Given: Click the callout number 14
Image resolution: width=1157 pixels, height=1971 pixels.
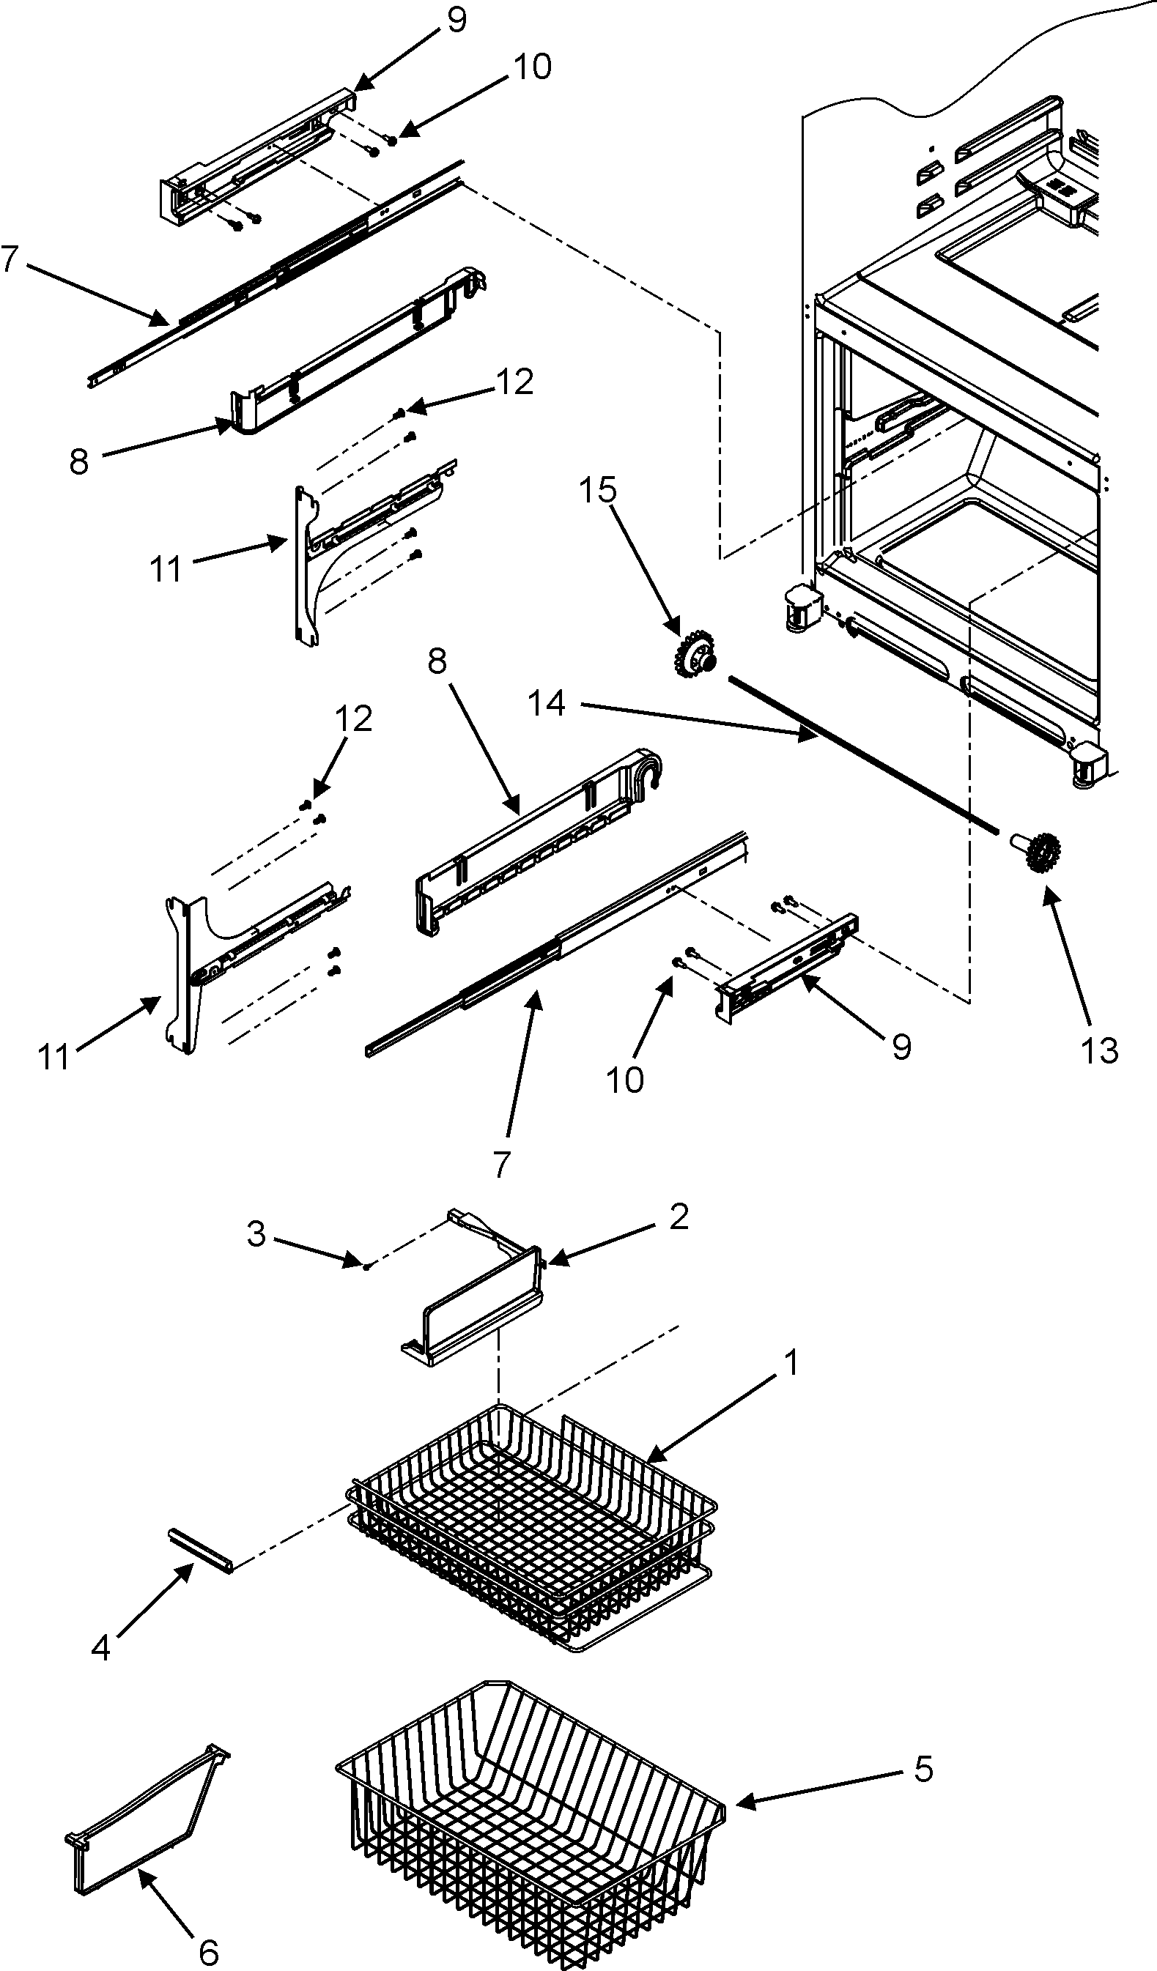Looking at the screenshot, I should [546, 703].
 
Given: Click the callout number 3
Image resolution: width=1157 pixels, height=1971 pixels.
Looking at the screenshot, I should [256, 1234].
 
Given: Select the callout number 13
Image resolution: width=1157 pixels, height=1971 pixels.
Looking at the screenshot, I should [1100, 1050].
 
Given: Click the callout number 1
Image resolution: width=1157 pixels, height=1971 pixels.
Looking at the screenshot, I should [791, 1363].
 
